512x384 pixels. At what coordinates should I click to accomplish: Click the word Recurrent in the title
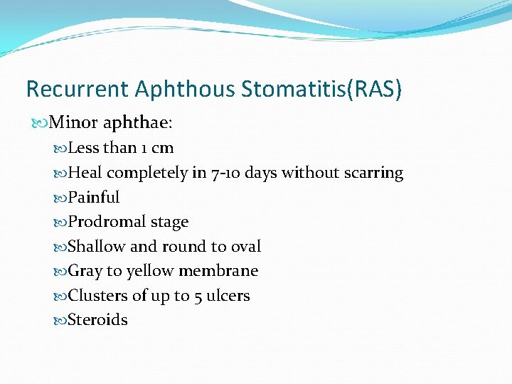point(78,89)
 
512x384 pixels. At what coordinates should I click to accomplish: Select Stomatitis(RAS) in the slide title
point(321,89)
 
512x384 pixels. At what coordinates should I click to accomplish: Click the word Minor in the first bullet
point(74,124)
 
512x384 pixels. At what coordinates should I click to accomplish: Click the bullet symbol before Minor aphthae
point(40,124)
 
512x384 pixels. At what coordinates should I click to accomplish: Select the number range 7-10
point(226,173)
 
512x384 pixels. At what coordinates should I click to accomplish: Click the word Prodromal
point(106,222)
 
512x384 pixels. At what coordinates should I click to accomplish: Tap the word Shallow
point(97,247)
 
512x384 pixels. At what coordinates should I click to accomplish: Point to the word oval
point(245,247)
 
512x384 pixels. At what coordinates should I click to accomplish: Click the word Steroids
point(97,320)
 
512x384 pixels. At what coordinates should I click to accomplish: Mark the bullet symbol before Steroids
point(60,320)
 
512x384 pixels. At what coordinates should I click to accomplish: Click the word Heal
point(85,173)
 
